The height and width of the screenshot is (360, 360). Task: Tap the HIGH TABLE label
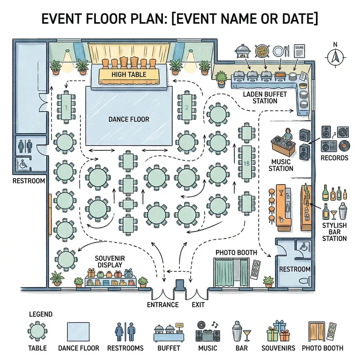coord(129,74)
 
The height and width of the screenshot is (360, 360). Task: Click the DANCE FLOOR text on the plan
coord(129,119)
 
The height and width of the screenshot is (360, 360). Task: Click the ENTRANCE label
coord(163,305)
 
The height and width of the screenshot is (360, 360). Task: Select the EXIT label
coord(198,305)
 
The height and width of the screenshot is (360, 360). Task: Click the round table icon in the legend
coord(37,332)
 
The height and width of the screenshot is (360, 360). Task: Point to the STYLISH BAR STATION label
coord(334,231)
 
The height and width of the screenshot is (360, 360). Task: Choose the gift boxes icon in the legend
coord(278,332)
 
